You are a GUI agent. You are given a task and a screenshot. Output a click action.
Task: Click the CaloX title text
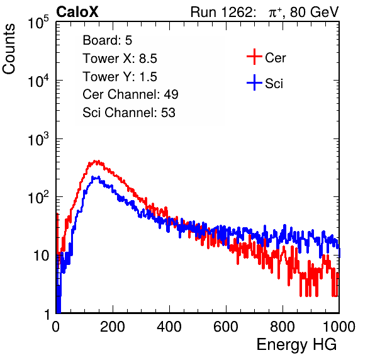[x=77, y=12]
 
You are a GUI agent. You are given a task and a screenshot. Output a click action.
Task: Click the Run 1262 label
[x=221, y=12]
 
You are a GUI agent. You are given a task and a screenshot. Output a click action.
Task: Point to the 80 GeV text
[x=314, y=12]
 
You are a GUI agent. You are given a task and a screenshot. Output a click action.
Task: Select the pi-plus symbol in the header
[x=275, y=13]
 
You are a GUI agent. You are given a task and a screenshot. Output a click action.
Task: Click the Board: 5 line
[x=108, y=40]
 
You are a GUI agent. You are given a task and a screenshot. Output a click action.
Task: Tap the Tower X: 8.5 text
[x=120, y=59]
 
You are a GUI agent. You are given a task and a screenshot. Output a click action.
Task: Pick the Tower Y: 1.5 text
[x=120, y=77]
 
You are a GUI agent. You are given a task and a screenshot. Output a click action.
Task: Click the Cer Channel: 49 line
[x=130, y=94]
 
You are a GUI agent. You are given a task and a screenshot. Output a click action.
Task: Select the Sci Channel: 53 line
[x=129, y=113]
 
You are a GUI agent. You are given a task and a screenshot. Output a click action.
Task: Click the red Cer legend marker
[x=254, y=57]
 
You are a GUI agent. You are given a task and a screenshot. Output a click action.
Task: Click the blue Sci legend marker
[x=254, y=83]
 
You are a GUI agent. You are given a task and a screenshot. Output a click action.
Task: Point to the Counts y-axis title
[x=9, y=49]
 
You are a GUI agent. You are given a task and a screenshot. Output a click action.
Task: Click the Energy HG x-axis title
[x=296, y=345]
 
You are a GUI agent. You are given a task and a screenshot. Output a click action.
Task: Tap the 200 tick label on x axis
[x=113, y=327]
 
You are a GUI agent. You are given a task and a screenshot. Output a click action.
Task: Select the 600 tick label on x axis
[x=226, y=327]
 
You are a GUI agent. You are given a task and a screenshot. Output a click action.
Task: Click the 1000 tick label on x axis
[x=339, y=327]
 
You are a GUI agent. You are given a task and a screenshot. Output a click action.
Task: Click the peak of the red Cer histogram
[x=96, y=162]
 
